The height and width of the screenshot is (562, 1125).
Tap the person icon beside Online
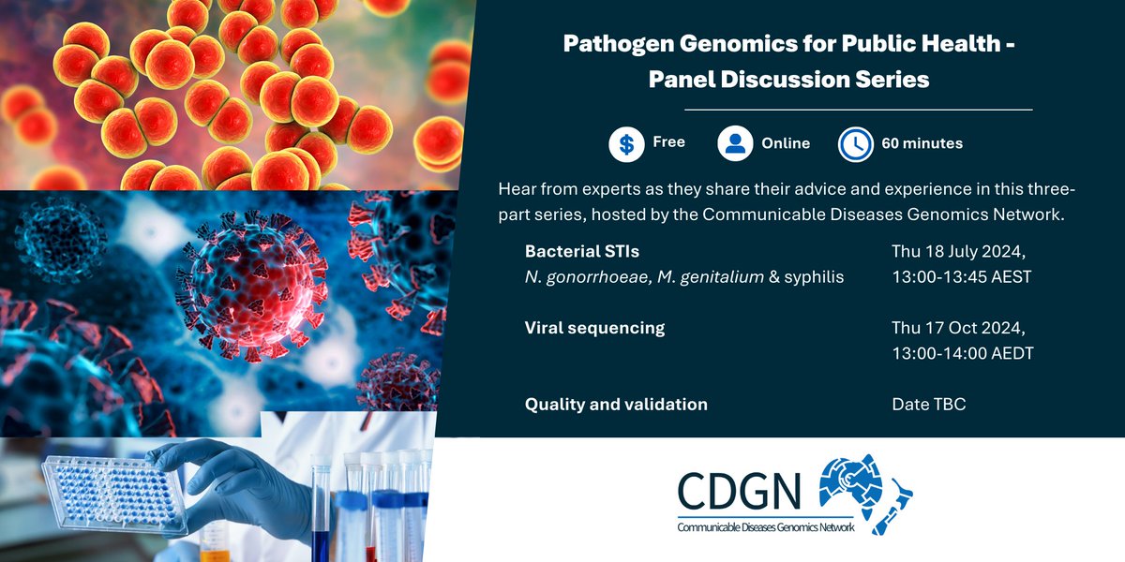tap(736, 144)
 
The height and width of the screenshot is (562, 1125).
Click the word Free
tap(669, 142)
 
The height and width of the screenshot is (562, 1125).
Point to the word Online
tap(786, 143)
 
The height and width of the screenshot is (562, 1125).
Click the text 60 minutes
tap(922, 143)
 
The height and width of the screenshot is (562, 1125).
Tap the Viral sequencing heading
tap(594, 328)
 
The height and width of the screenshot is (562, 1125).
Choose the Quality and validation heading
tap(616, 405)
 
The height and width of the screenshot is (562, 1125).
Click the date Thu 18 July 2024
tap(959, 252)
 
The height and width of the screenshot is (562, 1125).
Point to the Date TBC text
tap(929, 405)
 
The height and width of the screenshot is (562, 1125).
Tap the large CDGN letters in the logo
tap(741, 490)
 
